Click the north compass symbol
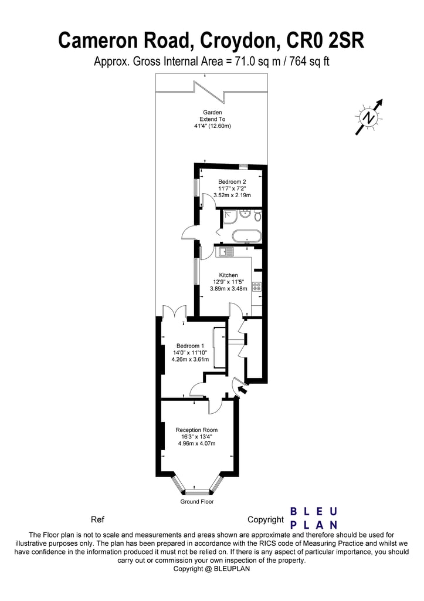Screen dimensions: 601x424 (369, 117)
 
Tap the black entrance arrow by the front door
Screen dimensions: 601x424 (242, 388)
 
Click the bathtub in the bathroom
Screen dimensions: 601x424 (246, 237)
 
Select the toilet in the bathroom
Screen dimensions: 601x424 (256, 216)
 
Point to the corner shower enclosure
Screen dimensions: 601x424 (229, 217)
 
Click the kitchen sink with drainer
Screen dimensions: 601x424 (225, 252)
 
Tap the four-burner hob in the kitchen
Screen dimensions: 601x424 (256, 287)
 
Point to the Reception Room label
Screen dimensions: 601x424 (196, 430)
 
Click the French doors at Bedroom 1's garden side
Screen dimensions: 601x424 (174, 312)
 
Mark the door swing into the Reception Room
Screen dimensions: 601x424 (214, 406)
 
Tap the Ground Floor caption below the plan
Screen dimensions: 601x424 (197, 502)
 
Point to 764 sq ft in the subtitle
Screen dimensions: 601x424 (304, 61)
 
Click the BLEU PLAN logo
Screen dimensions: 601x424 (314, 518)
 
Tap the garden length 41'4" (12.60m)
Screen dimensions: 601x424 (212, 126)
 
